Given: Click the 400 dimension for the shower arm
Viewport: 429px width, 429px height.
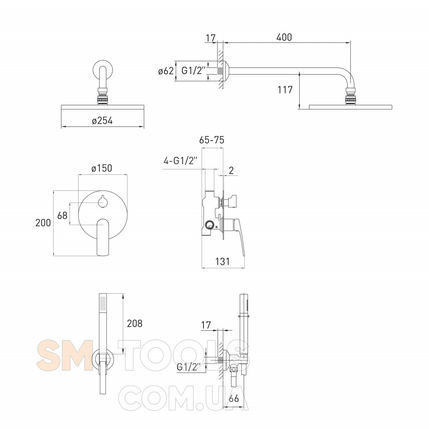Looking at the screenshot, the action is (x=284, y=38).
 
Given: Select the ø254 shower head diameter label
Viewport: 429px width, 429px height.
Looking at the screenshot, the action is (x=102, y=121).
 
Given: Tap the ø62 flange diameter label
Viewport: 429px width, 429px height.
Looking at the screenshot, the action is (x=166, y=71).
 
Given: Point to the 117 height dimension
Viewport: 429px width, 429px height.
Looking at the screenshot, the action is (x=285, y=90).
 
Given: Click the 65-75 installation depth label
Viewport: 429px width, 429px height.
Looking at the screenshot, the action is (x=212, y=140).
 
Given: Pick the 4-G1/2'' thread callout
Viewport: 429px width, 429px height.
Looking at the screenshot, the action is (x=180, y=161).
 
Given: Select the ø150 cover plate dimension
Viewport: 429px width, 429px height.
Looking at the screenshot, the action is (x=102, y=168).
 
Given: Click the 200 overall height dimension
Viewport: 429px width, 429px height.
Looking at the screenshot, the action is (x=43, y=223).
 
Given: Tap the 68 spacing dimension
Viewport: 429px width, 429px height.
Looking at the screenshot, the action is (x=62, y=215).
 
